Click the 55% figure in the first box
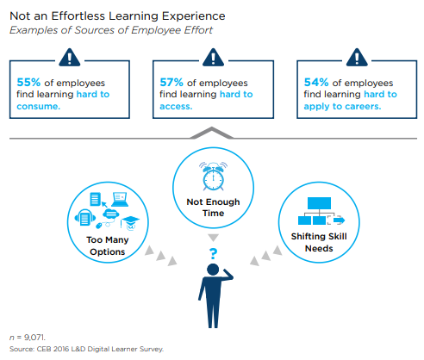(x=28, y=82)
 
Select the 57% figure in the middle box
(x=172, y=82)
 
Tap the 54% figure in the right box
(x=317, y=82)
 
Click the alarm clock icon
(x=211, y=176)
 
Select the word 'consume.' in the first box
(x=38, y=108)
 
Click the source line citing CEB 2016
(x=85, y=349)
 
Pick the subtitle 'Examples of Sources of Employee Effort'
(x=111, y=30)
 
